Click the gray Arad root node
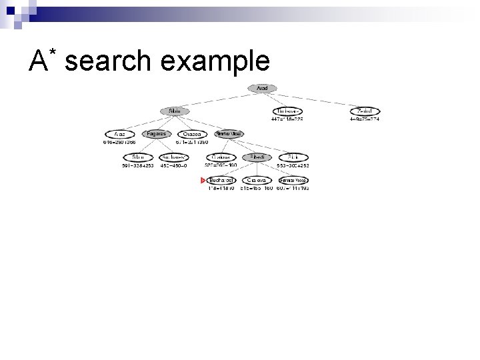262,88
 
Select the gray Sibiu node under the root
175,111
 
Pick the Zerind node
365,111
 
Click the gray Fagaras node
157,133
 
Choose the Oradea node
193,133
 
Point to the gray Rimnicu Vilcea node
229,133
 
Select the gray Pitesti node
257,157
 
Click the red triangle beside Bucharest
203,180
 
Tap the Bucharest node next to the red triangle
221,180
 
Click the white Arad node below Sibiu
120,133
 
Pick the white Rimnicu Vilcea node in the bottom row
293,180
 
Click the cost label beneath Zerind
365,119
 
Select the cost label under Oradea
192,142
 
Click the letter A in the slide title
37,61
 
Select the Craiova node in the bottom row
257,180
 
